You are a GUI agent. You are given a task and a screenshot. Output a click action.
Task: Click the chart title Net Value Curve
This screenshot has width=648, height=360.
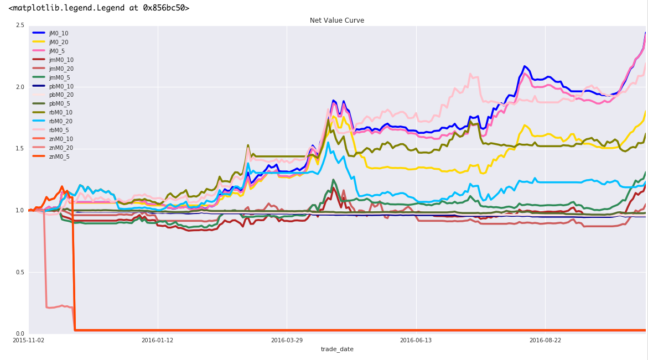[x=336, y=20]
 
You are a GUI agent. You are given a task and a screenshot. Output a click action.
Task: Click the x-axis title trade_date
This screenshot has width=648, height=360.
[x=337, y=349]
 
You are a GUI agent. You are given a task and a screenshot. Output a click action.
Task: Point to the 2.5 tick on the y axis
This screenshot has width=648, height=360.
[x=20, y=25]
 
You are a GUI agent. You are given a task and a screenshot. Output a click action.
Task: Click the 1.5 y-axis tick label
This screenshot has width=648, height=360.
[x=20, y=149]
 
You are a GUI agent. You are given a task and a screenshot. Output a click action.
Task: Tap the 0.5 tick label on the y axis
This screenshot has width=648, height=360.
[x=20, y=272]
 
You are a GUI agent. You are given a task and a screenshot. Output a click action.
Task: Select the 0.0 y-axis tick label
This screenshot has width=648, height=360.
[x=20, y=334]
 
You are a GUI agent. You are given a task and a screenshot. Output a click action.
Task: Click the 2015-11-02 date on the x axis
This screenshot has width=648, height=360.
[x=28, y=340]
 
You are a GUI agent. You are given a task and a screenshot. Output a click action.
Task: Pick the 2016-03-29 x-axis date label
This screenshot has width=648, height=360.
[x=287, y=340]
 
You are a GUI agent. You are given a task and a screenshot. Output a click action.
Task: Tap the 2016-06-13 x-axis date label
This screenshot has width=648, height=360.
[x=416, y=340]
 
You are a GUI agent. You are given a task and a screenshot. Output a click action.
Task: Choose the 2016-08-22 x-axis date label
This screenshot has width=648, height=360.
[x=545, y=340]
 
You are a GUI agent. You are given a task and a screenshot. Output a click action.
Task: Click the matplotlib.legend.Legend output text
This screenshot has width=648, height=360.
[x=99, y=8]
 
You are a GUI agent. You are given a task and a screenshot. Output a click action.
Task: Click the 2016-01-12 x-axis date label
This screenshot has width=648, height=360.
[x=157, y=340]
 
